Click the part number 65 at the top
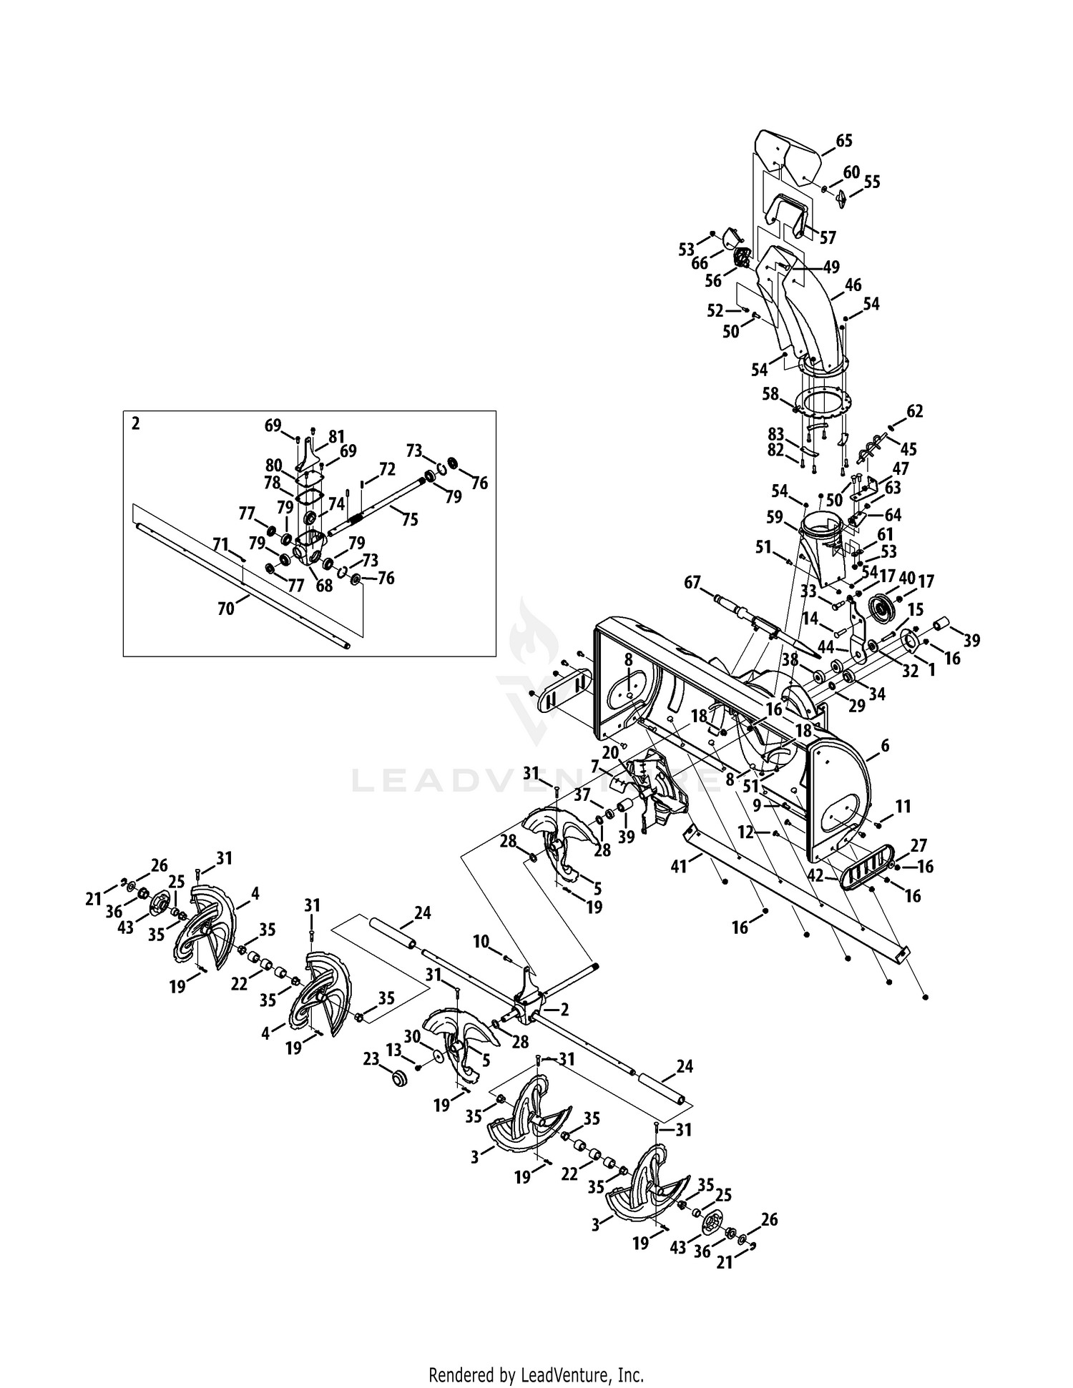(844, 141)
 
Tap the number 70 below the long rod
(225, 609)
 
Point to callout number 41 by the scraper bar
(678, 867)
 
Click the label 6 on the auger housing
(885, 746)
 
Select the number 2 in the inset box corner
(136, 423)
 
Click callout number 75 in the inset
(409, 520)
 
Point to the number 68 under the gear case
(325, 586)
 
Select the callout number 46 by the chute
(853, 285)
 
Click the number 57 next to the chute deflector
(828, 237)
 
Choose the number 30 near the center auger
(411, 1036)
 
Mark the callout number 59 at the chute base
(775, 516)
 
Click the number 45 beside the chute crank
(908, 449)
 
